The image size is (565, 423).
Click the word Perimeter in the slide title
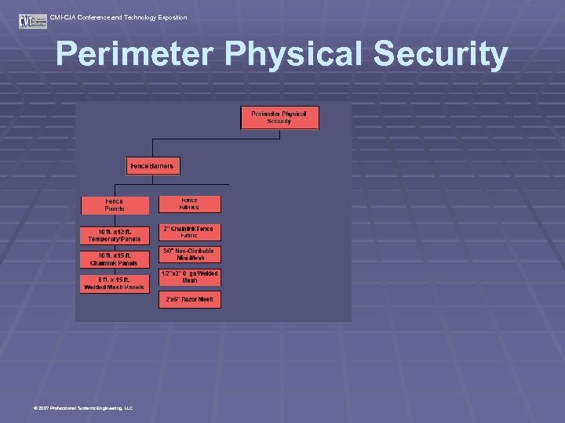134,56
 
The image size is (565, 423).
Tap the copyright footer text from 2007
83,408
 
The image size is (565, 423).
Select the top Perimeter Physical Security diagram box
279,117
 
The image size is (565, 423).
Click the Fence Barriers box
154,166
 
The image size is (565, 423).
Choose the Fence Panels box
115,204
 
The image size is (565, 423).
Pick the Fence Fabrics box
190,204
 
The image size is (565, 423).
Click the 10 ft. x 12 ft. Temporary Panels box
115,234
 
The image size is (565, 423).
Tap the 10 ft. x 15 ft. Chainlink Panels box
115,258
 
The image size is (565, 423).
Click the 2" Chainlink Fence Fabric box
190,232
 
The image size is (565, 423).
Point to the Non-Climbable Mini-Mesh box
190,255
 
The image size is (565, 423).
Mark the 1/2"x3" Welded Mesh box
190,277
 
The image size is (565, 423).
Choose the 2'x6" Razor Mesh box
190,299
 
